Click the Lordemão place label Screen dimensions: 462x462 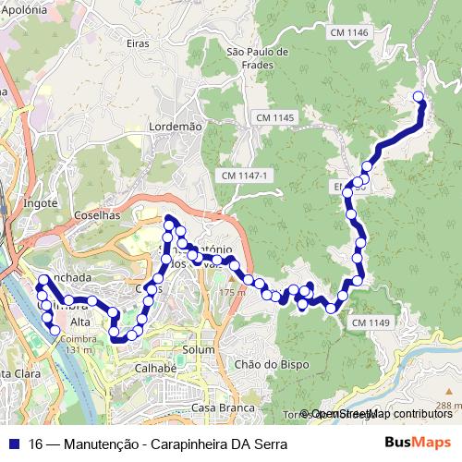tap(175, 125)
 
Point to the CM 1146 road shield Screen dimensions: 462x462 tap(348, 32)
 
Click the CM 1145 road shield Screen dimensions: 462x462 tap(274, 117)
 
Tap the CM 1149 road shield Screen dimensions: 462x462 tap(371, 322)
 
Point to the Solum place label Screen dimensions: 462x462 tap(199, 350)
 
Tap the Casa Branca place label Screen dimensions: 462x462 tap(215, 407)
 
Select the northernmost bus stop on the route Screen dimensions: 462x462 tap(418, 96)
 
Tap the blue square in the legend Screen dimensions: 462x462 tap(14, 444)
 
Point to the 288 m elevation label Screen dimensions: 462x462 tap(449, 406)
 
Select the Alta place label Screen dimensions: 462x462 tap(80, 322)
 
